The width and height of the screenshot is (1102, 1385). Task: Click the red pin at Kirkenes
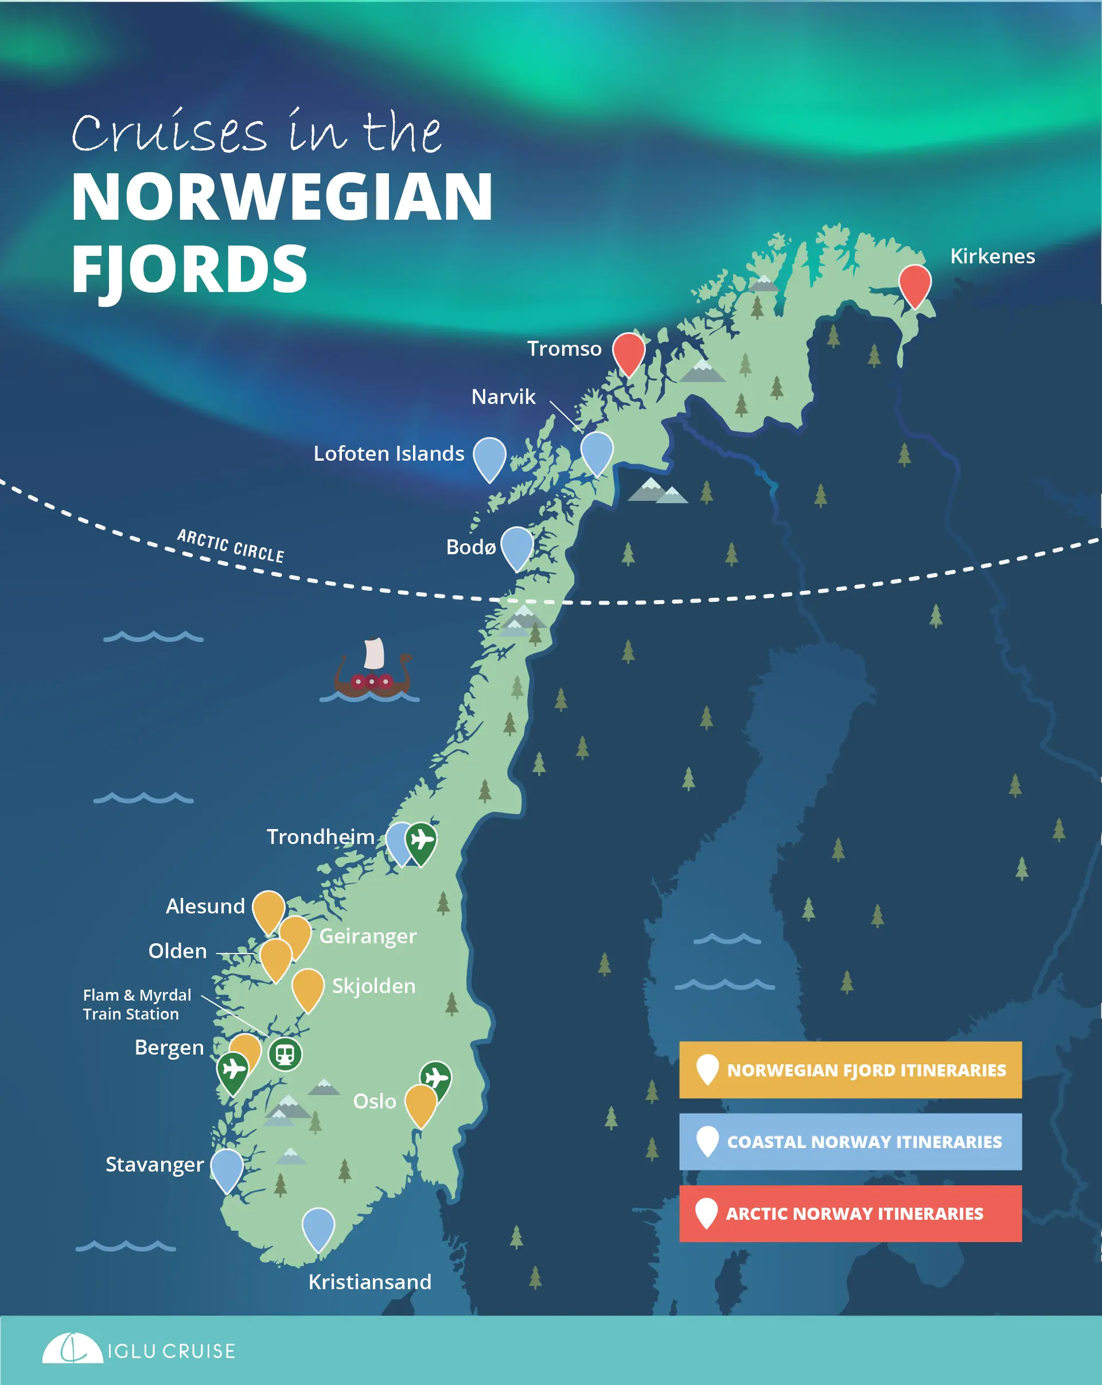pyautogui.click(x=914, y=283)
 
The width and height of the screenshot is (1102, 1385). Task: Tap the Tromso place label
pyautogui.click(x=564, y=349)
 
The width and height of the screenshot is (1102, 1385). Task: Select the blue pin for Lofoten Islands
pyautogui.click(x=489, y=456)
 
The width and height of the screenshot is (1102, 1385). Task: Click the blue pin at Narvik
pyautogui.click(x=597, y=450)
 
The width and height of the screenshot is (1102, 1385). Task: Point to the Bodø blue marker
pyautogui.click(x=517, y=546)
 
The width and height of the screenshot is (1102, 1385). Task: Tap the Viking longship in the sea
pyautogui.click(x=372, y=672)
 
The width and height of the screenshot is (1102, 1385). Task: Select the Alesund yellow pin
pyautogui.click(x=268, y=908)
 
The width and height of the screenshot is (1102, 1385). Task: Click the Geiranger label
pyautogui.click(x=368, y=936)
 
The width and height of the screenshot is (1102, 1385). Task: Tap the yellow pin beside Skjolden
pyautogui.click(x=307, y=987)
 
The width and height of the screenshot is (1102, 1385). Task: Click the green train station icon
pyautogui.click(x=285, y=1054)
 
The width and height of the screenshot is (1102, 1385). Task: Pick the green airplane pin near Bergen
pyautogui.click(x=232, y=1069)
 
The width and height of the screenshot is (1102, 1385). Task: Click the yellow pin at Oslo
pyautogui.click(x=420, y=1102)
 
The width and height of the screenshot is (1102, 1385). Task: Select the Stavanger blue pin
pyautogui.click(x=227, y=1167)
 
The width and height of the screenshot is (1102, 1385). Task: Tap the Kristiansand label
pyautogui.click(x=370, y=1282)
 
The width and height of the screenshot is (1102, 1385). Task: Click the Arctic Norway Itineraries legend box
pyautogui.click(x=850, y=1213)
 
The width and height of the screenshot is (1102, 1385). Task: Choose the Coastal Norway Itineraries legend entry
pyautogui.click(x=850, y=1142)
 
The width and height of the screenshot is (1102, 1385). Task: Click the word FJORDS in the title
pyautogui.click(x=189, y=270)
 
